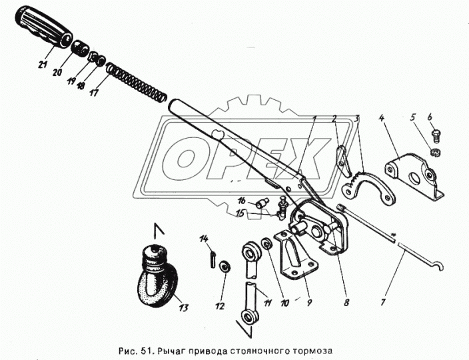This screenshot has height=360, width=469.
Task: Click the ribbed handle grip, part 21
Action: coord(43,27)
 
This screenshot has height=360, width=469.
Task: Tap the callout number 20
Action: coord(58,73)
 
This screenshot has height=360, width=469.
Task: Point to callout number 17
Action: coord(94,92)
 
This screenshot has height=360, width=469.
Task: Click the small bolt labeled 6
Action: coord(437,135)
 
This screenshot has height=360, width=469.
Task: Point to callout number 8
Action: coord(346,303)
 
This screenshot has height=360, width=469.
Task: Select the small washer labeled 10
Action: coord(266,244)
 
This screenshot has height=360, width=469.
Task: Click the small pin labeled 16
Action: coord(262,205)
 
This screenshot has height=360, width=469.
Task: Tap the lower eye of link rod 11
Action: coord(249,316)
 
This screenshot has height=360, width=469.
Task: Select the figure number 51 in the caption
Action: coord(147,351)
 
